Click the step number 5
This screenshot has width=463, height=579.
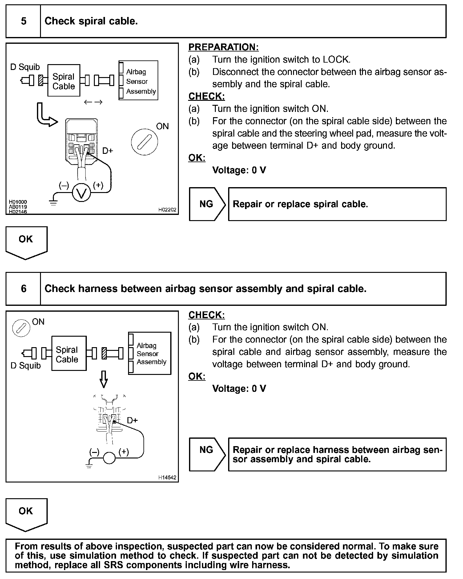23,21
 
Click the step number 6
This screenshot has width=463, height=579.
23,289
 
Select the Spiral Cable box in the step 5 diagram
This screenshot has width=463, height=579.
64,81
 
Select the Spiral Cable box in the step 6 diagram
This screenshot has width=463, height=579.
69,353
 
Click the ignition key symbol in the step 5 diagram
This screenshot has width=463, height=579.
144,142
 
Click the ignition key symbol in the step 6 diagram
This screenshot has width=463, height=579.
21,328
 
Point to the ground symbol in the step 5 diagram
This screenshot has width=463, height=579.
53,203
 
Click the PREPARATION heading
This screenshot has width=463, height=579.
223,47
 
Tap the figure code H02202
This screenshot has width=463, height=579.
167,210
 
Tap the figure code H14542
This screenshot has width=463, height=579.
167,478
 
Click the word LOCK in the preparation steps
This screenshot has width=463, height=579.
336,60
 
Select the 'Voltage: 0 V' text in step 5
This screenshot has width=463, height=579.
239,170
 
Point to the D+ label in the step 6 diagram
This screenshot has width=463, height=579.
132,420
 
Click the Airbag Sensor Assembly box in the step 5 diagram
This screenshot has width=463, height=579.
138,80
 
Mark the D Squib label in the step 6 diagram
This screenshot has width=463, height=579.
26,366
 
